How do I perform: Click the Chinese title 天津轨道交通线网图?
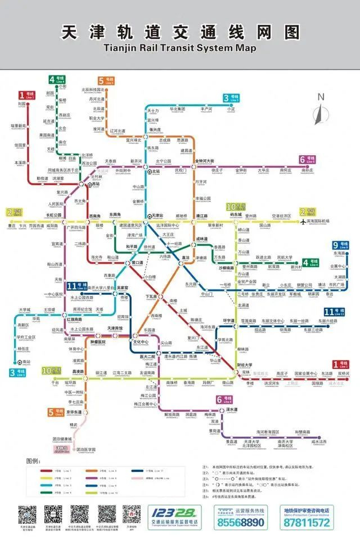(x=180, y=33)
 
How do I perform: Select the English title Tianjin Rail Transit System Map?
(x=180, y=48)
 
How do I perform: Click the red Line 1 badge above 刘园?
(x=26, y=95)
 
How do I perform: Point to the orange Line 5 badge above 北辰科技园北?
(x=105, y=80)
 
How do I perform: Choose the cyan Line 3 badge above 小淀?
(x=230, y=97)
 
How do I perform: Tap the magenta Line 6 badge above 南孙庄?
(x=307, y=159)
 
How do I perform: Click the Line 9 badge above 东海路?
(x=339, y=245)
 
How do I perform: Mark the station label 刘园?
(x=22, y=104)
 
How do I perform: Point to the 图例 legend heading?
(x=34, y=461)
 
